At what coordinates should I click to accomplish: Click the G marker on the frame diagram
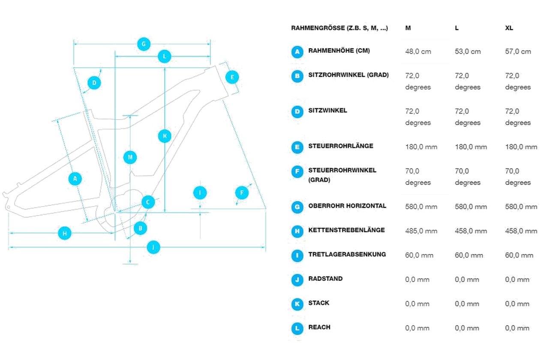click(144, 44)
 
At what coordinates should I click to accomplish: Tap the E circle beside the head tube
click(232, 77)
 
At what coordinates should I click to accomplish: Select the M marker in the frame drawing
click(130, 157)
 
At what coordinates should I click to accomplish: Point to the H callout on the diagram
click(65, 233)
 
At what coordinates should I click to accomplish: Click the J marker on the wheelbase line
click(153, 247)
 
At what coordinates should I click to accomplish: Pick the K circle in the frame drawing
click(165, 136)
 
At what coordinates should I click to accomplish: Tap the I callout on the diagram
click(200, 193)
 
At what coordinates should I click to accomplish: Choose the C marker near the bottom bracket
click(148, 202)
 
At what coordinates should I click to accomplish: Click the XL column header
click(509, 28)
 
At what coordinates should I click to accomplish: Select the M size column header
click(408, 28)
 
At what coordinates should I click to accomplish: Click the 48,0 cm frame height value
click(418, 51)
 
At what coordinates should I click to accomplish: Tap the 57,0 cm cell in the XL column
click(518, 51)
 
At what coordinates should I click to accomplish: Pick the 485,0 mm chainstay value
click(421, 231)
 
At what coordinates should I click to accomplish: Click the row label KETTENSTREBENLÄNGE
click(346, 230)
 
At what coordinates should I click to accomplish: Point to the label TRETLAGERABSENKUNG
click(347, 254)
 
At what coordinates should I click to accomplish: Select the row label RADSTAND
click(325, 279)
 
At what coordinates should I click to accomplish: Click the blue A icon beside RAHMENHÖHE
click(297, 51)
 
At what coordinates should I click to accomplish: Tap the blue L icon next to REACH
click(297, 328)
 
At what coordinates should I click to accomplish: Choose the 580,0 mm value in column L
click(471, 207)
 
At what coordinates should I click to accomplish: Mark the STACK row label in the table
click(318, 303)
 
